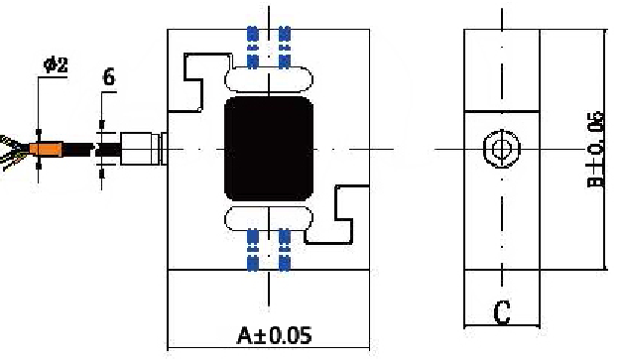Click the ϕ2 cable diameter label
[x=56, y=64]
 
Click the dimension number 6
[x=109, y=76]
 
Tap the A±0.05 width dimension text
[x=274, y=335]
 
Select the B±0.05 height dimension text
[x=596, y=150]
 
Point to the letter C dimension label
[x=502, y=312]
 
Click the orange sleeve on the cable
[x=46, y=150]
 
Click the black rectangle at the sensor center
[x=269, y=149]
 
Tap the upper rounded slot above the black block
[x=269, y=79]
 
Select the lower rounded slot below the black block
[x=269, y=218]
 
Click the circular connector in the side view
[x=502, y=149]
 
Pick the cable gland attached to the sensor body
[x=144, y=149]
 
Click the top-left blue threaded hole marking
[x=253, y=47]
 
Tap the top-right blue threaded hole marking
[x=285, y=47]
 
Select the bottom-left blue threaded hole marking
[x=253, y=250]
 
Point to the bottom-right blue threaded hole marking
[x=285, y=250]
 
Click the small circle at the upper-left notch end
[x=199, y=108]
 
